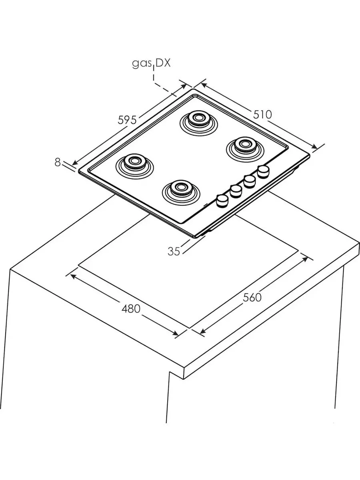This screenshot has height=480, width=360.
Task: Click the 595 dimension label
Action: pyautogui.click(x=127, y=120)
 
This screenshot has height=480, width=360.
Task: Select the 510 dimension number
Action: pyautogui.click(x=262, y=114)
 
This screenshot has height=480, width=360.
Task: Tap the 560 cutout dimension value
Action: pyautogui.click(x=252, y=298)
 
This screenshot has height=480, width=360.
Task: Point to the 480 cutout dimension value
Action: pyautogui.click(x=131, y=309)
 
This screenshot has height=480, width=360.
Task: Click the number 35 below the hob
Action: pyautogui.click(x=174, y=251)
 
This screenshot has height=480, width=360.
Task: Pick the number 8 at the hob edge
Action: pyautogui.click(x=58, y=162)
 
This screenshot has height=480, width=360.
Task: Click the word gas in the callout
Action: pyautogui.click(x=142, y=64)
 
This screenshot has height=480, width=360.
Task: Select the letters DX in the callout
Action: pyautogui.click(x=163, y=63)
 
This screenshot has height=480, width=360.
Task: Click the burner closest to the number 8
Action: pyautogui.click(x=135, y=166)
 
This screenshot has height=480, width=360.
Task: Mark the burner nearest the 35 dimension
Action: pyautogui.click(x=181, y=192)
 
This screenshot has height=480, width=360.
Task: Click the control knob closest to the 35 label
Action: pyautogui.click(x=222, y=201)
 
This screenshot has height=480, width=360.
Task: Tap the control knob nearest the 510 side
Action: pyautogui.click(x=263, y=172)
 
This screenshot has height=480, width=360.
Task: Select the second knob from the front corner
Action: pyautogui.click(x=236, y=191)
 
